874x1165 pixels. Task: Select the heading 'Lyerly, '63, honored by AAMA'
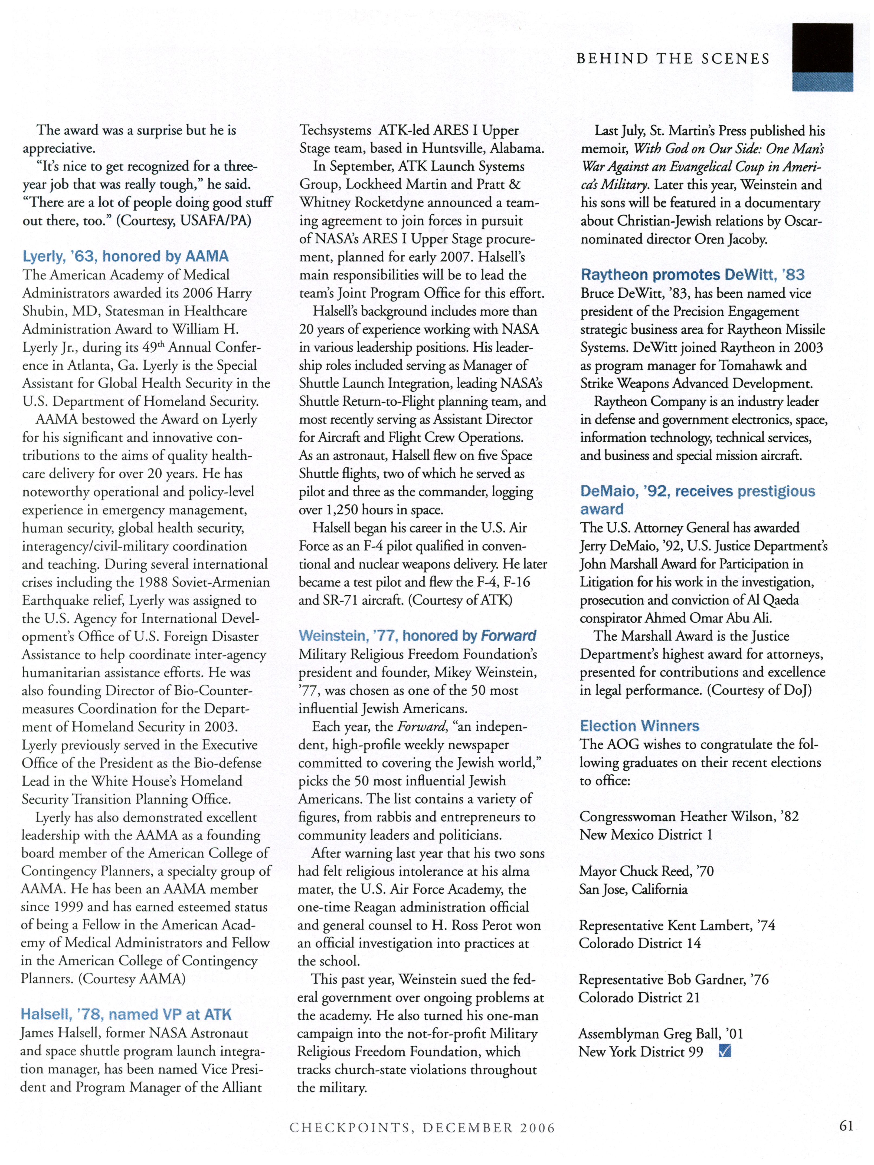(125, 257)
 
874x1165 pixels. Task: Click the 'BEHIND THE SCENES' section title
(673, 59)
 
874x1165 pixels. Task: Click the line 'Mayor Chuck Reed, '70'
(646, 871)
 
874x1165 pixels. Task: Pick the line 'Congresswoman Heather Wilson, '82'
(689, 816)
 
